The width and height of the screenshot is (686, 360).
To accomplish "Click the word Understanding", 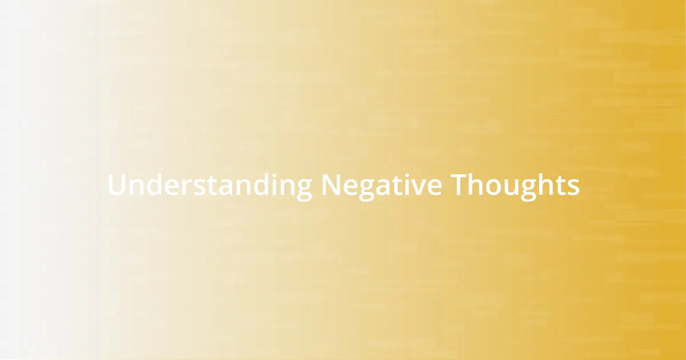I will (x=210, y=186).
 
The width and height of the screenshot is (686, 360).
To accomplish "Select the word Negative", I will (x=381, y=186).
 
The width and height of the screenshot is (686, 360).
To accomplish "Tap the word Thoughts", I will (x=515, y=186).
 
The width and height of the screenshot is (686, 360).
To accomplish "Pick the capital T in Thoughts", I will (x=458, y=186).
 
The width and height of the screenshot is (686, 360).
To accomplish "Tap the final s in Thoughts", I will (x=573, y=187).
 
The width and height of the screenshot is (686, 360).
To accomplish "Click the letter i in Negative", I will (x=404, y=186).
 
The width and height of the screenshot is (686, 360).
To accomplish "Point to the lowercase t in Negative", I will (x=393, y=186).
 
